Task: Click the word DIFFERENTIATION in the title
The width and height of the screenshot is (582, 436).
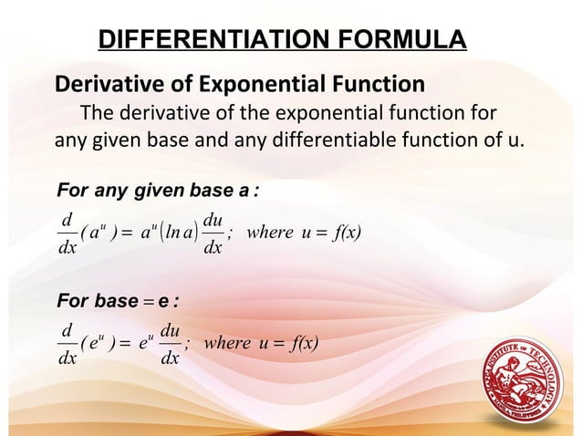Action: click(x=192, y=40)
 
